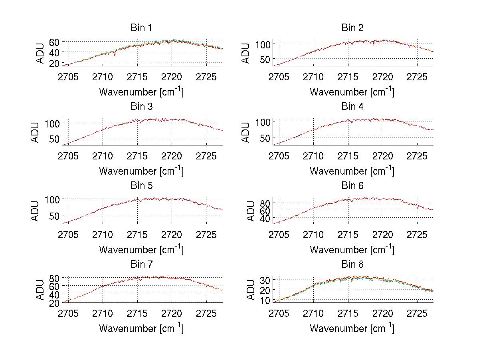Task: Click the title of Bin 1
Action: pos(141,28)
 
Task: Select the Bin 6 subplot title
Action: pos(352,186)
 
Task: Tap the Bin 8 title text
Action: pos(352,265)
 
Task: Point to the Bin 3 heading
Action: pos(141,107)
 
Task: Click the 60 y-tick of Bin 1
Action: pos(54,42)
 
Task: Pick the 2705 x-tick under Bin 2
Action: pos(279,77)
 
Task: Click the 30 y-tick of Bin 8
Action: pos(265,279)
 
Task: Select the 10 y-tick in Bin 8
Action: pos(265,300)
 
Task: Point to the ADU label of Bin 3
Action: pos(36,132)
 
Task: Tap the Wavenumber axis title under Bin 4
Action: pos(352,171)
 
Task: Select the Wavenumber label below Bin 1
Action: pos(141,92)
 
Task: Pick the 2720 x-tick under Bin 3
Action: pos(172,155)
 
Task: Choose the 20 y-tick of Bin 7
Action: pos(54,302)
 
